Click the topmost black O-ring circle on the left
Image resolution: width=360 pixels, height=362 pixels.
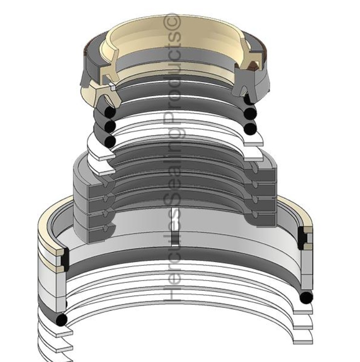(x=111, y=112)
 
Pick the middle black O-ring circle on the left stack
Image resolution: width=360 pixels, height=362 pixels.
(x=111, y=126)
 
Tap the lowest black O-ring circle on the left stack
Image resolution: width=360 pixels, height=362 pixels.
(x=111, y=141)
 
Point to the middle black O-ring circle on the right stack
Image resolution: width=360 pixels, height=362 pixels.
(x=250, y=114)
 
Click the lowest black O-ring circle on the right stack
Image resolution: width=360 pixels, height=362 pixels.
(x=250, y=128)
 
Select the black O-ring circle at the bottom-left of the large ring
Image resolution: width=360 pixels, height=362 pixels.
(x=61, y=320)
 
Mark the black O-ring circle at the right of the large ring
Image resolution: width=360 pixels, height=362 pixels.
(x=305, y=297)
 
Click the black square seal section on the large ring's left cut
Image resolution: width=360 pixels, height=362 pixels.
(x=64, y=256)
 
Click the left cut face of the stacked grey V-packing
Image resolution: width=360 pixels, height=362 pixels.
(x=93, y=205)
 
